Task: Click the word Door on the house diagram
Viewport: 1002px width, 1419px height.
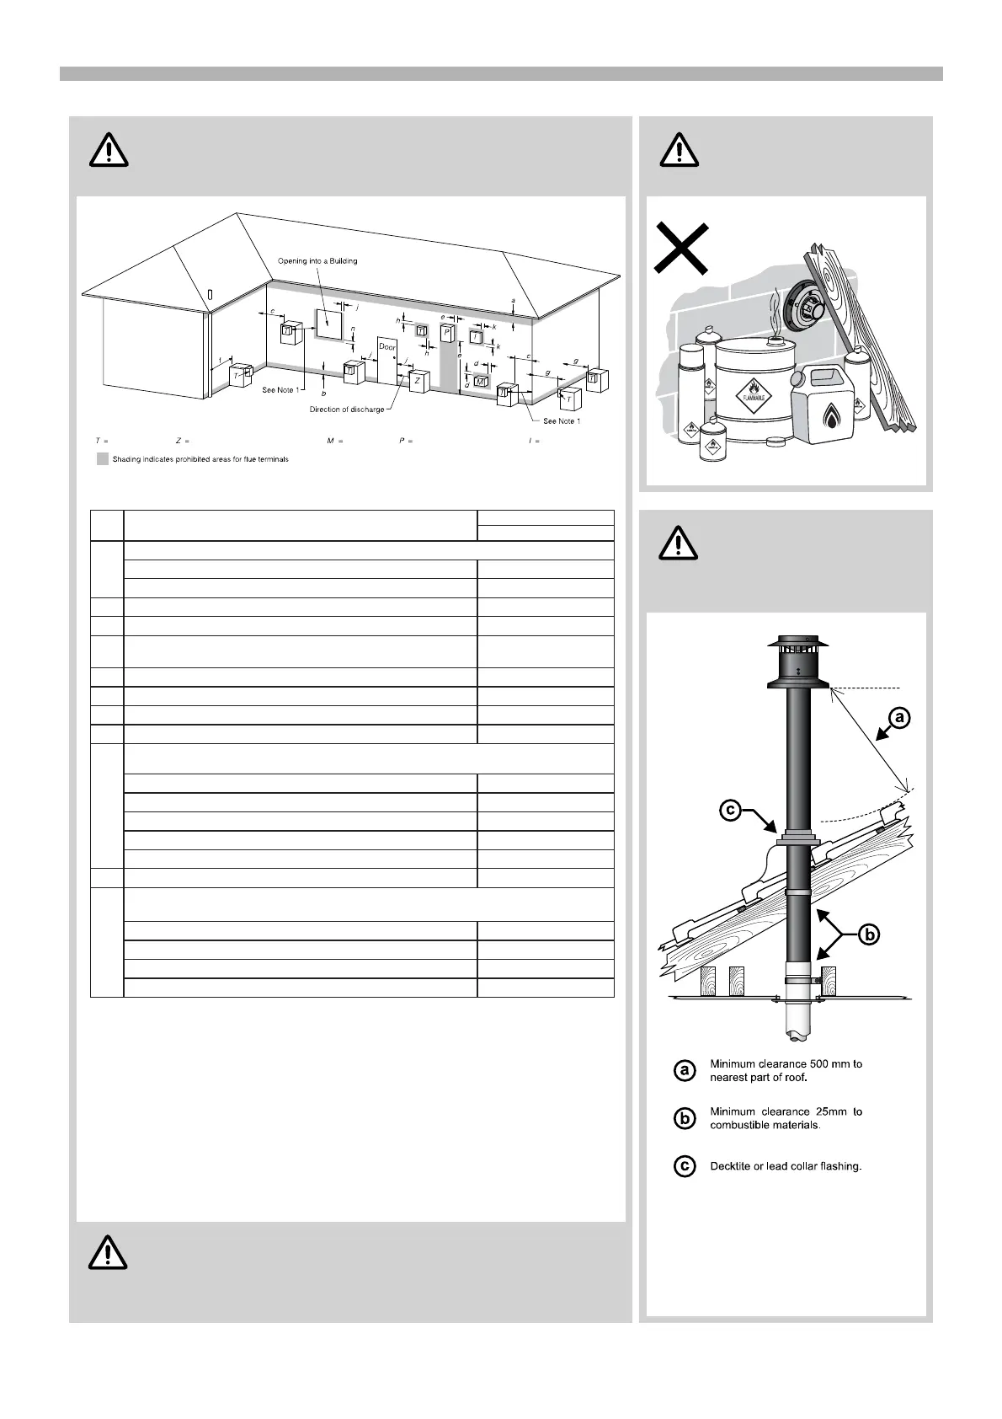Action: click(387, 347)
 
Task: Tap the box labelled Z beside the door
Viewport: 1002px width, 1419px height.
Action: click(418, 380)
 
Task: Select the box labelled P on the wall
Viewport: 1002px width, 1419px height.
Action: click(446, 333)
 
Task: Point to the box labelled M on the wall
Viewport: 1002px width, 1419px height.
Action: click(480, 382)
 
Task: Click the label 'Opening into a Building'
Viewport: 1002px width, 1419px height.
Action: click(317, 261)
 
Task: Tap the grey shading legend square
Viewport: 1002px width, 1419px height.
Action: click(103, 459)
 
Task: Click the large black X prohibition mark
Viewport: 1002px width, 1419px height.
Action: click(681, 249)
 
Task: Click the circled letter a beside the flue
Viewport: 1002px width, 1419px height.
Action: click(899, 717)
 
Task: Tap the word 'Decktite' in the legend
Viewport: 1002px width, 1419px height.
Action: click(732, 1167)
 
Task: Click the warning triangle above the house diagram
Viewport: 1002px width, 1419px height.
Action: click(109, 151)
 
